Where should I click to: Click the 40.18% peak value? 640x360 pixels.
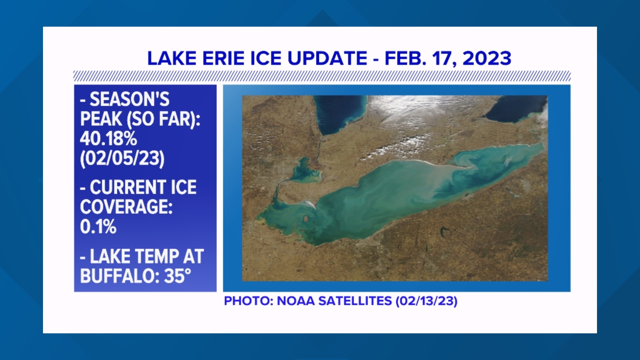108,138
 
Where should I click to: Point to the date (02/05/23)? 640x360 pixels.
122,158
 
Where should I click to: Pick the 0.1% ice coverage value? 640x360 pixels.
98,227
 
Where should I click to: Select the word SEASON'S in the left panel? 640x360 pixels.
129,99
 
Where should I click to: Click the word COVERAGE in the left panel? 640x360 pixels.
126,207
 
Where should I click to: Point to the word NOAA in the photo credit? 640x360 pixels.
296,301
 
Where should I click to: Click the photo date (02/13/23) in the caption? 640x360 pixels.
426,301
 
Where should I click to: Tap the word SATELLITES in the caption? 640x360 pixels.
355,301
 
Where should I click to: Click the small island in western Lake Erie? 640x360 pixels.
305,219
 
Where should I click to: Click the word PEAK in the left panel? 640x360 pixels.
101,119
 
